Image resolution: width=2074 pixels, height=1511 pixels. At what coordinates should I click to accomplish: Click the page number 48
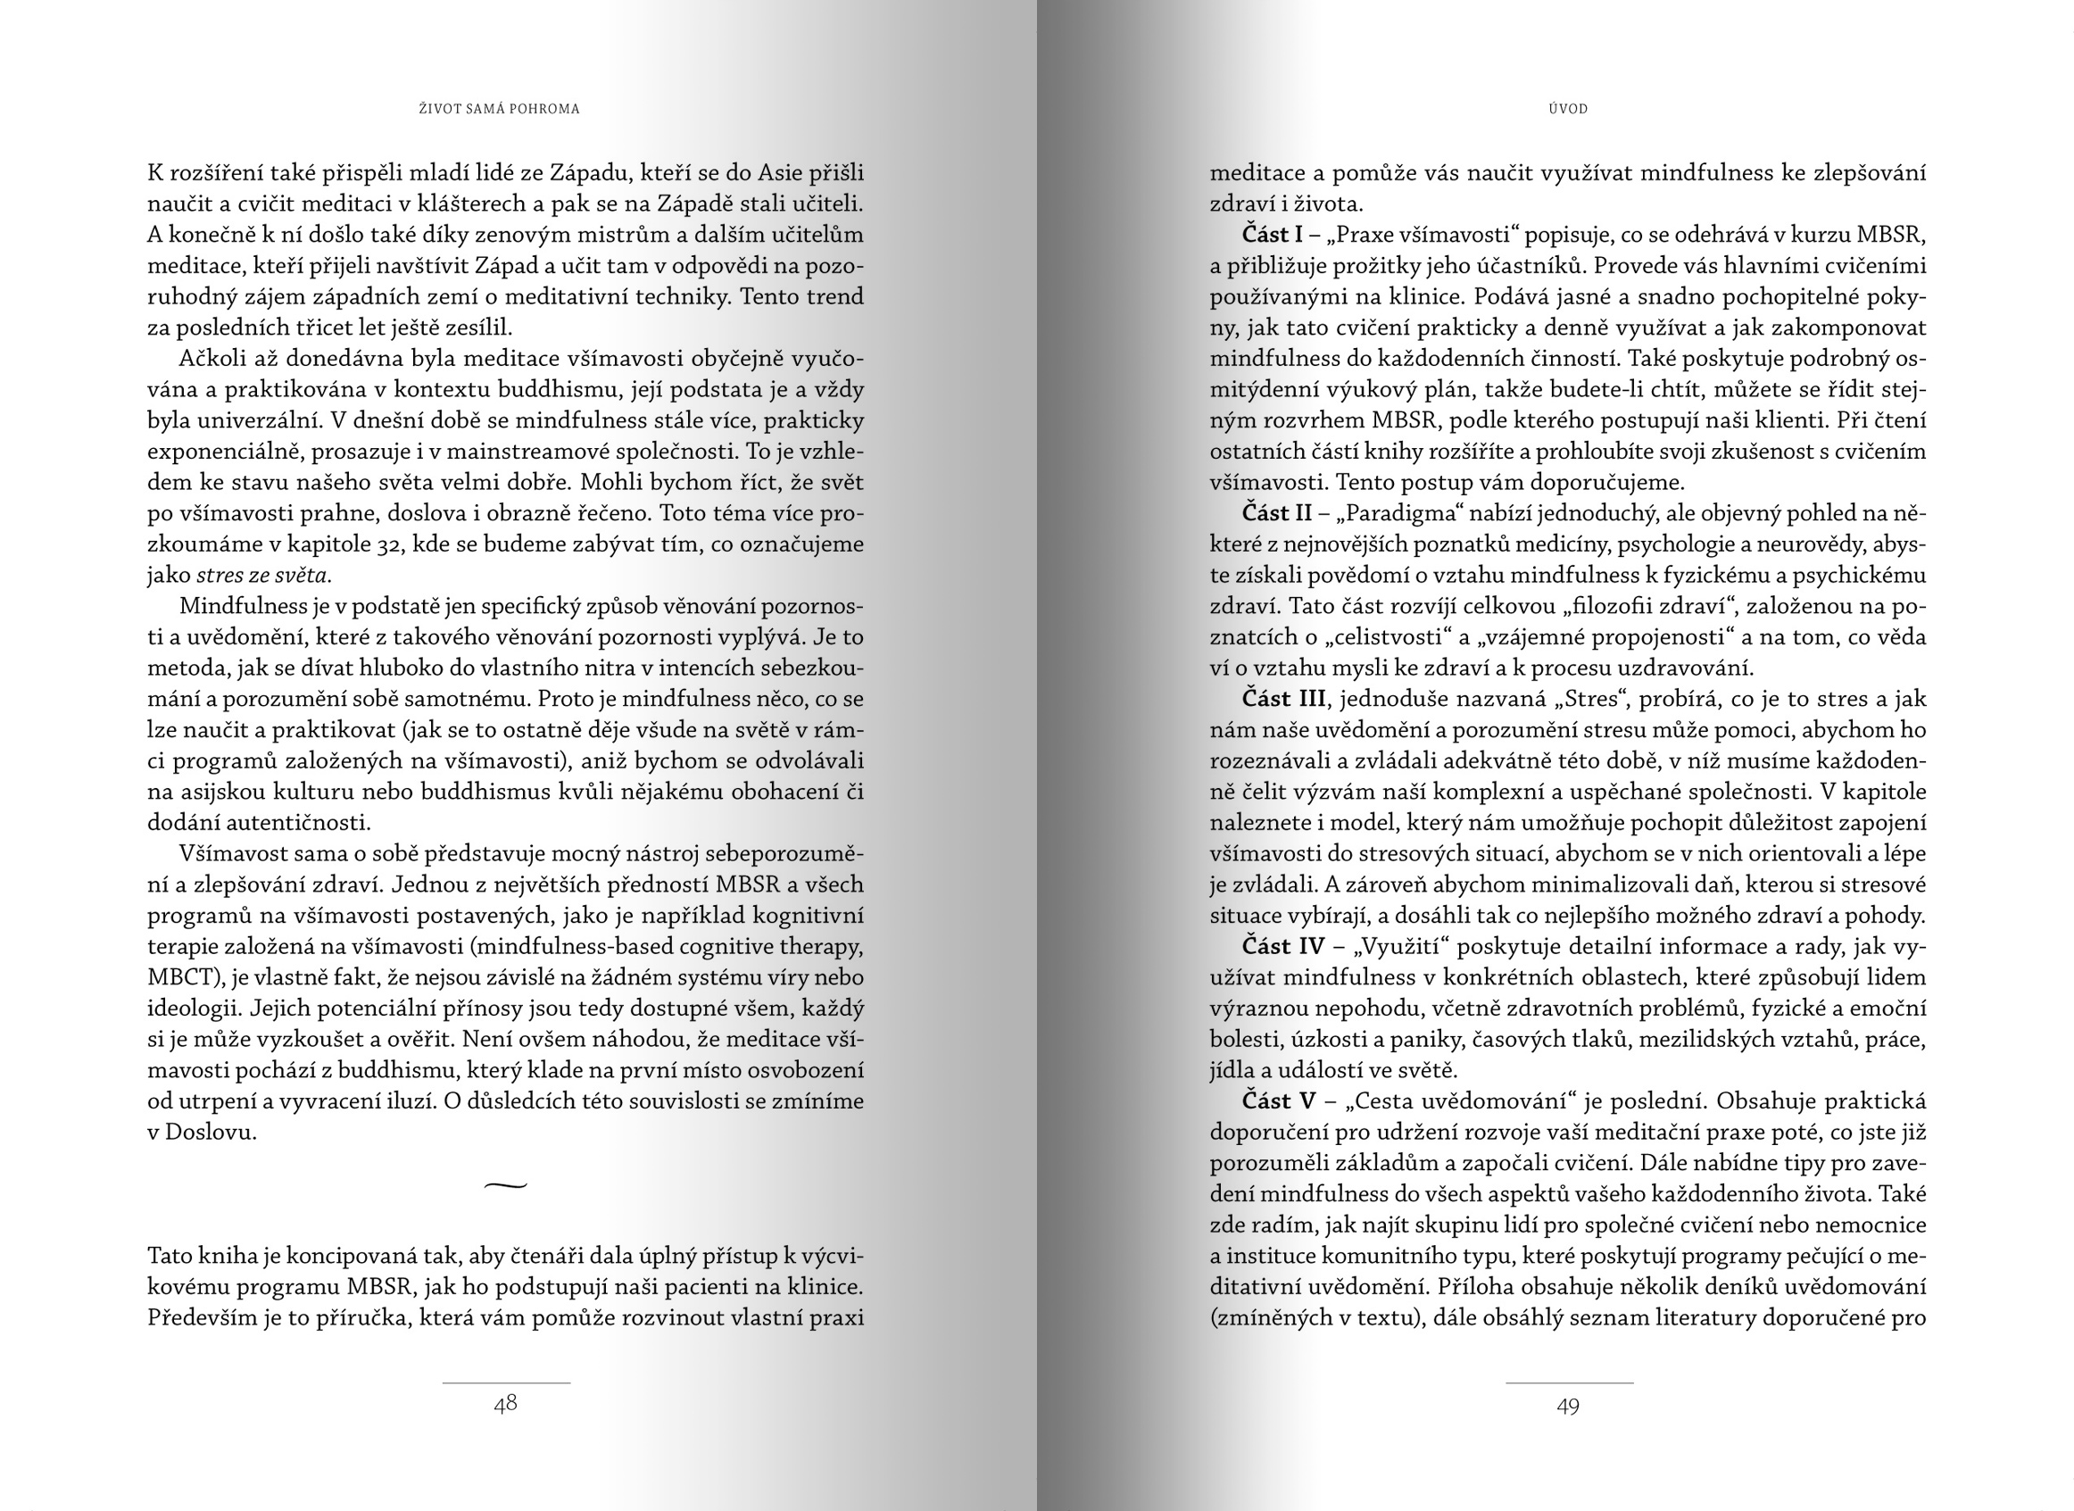coord(506,1404)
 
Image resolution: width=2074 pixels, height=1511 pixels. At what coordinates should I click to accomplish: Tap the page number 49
coord(1568,1406)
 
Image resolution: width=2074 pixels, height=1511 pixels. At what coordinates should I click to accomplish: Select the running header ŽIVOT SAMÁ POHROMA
coord(499,109)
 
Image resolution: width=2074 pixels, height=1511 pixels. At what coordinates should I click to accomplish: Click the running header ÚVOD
coord(1568,109)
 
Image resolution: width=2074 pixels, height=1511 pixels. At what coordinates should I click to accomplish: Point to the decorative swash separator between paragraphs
coord(506,1186)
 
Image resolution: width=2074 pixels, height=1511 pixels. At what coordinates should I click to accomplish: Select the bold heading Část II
coord(1276,513)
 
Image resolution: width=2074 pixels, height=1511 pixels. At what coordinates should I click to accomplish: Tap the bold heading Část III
coord(1283,699)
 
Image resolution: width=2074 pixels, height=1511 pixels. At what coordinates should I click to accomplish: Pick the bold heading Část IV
coord(1283,946)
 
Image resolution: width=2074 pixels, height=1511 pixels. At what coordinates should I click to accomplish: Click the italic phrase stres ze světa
coord(262,576)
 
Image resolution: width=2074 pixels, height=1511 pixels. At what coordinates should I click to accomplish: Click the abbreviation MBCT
coord(180,977)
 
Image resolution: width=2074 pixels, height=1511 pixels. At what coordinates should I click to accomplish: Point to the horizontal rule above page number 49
coord(1569,1383)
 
